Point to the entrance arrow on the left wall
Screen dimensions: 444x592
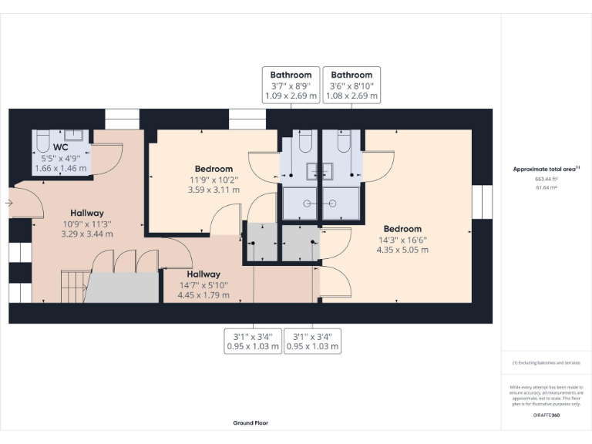point(8,203)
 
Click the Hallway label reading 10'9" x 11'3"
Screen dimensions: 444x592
point(86,213)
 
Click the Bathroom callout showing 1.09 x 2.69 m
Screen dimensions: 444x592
point(291,86)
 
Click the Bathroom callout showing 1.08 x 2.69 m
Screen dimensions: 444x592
point(351,86)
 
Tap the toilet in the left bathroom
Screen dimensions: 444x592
point(303,143)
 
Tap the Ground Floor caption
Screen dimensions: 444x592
point(251,422)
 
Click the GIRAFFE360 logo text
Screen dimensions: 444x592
point(546,415)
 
